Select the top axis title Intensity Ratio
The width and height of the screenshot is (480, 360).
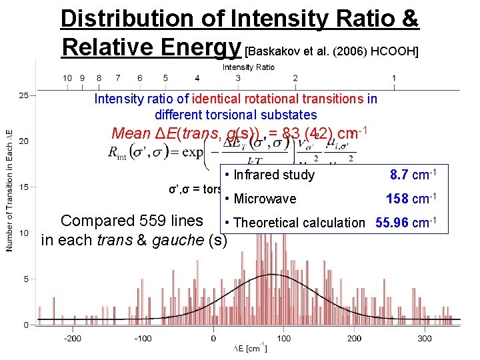tap(248, 67)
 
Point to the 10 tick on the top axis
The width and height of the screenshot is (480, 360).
tap(68, 78)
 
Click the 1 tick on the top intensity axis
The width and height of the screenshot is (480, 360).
tap(394, 78)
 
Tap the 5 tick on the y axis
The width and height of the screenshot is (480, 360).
tap(26, 279)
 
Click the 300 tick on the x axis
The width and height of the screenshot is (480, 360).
tap(424, 338)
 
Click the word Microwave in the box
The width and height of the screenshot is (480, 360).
tap(265, 199)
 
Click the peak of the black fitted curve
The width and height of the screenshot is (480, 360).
tap(271, 274)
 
